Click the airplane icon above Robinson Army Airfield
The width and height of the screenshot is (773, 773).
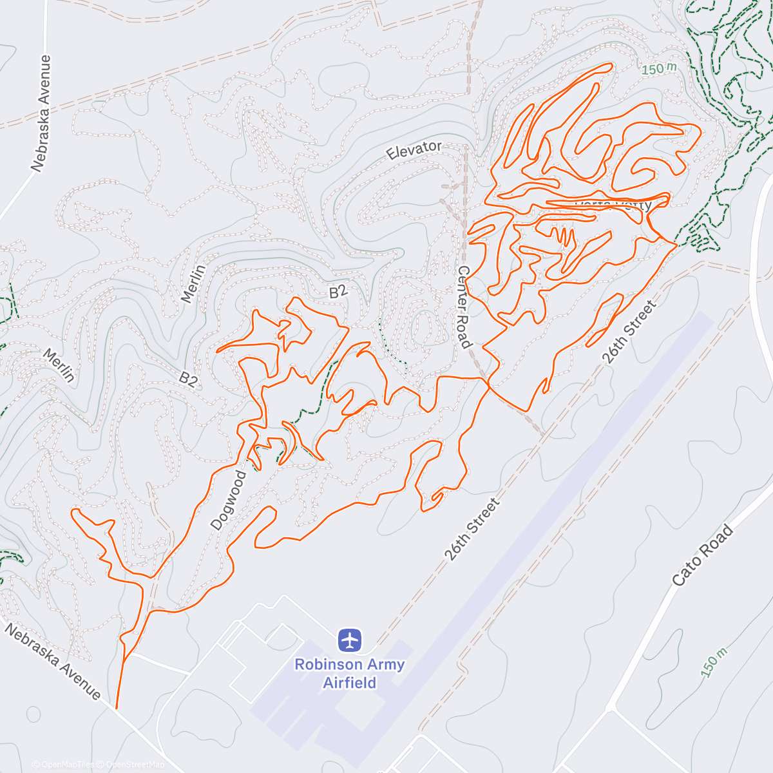[x=350, y=640]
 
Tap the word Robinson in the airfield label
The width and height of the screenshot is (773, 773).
[x=321, y=665]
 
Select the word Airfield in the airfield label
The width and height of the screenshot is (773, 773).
[x=350, y=683]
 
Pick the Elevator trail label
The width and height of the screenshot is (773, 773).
[x=414, y=150]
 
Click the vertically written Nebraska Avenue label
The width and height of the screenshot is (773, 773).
[x=41, y=113]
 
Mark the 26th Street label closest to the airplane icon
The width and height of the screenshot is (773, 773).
[x=472, y=529]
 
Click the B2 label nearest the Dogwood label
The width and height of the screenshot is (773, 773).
[x=188, y=379]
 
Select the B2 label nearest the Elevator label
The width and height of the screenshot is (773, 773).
[x=338, y=292]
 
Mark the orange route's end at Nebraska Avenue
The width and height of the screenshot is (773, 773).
[x=117, y=707]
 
